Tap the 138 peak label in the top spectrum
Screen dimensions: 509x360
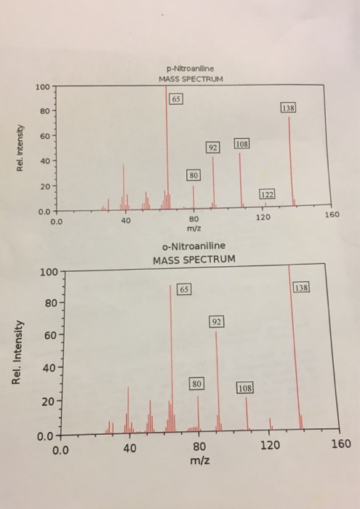pos(289,108)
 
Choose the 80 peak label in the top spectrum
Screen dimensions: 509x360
pos(193,175)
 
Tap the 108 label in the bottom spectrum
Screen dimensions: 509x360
pos(246,388)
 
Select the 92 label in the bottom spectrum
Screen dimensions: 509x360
pos(216,321)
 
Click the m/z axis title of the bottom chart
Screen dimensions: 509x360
pos(199,462)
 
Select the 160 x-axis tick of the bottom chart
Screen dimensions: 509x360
pos(340,444)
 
